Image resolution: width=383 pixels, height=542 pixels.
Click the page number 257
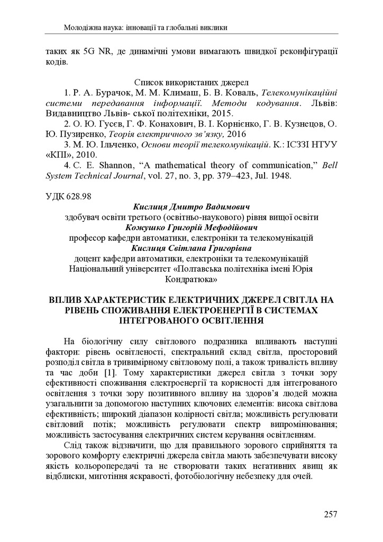pos(330,513)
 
